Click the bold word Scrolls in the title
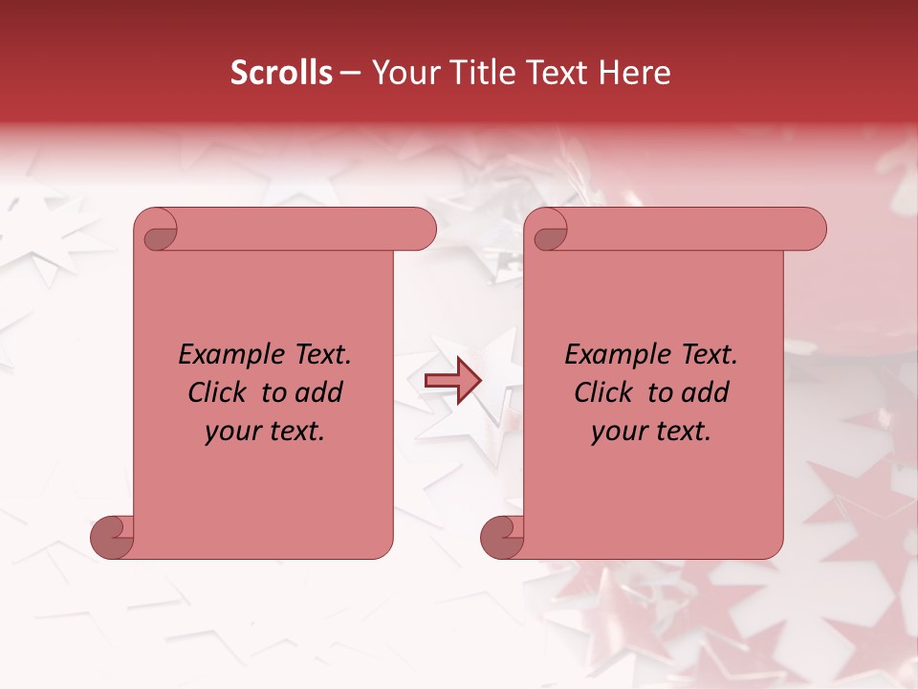coord(281,73)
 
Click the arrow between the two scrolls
coord(452,381)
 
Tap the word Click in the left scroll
coord(219,392)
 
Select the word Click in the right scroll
coord(604,392)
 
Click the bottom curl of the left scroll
coord(112,536)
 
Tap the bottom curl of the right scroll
coord(502,536)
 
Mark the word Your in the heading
coord(401,73)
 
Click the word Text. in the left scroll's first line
coord(319,355)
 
